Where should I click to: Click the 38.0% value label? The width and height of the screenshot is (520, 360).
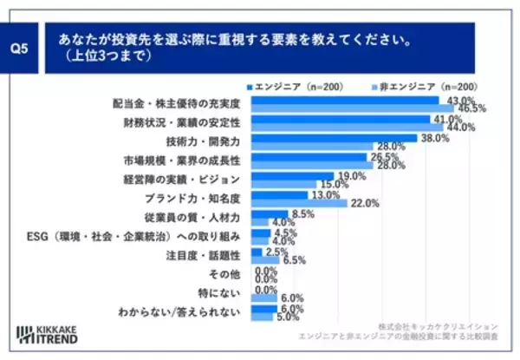coord(435,137)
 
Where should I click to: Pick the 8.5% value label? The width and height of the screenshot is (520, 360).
coord(302,213)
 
